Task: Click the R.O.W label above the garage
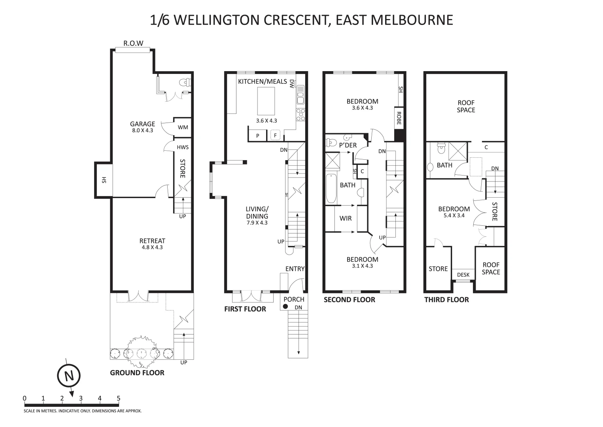pyautogui.click(x=133, y=43)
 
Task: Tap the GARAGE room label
pyautogui.click(x=142, y=124)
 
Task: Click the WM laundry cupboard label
pyautogui.click(x=183, y=127)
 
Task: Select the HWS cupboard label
pyautogui.click(x=183, y=147)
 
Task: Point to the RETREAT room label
pyautogui.click(x=152, y=241)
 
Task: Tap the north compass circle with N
pyautogui.click(x=69, y=376)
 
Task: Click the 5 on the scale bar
pyautogui.click(x=118, y=398)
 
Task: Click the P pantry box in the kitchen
pyautogui.click(x=258, y=136)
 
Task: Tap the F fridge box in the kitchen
pyautogui.click(x=275, y=136)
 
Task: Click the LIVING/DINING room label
pyautogui.click(x=257, y=213)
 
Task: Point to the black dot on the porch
pyautogui.click(x=285, y=306)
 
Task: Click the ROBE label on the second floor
pyautogui.click(x=399, y=118)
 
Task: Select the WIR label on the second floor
pyautogui.click(x=346, y=218)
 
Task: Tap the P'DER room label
pyautogui.click(x=348, y=145)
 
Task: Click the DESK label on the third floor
pyautogui.click(x=463, y=275)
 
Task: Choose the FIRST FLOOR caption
pyautogui.click(x=245, y=309)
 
